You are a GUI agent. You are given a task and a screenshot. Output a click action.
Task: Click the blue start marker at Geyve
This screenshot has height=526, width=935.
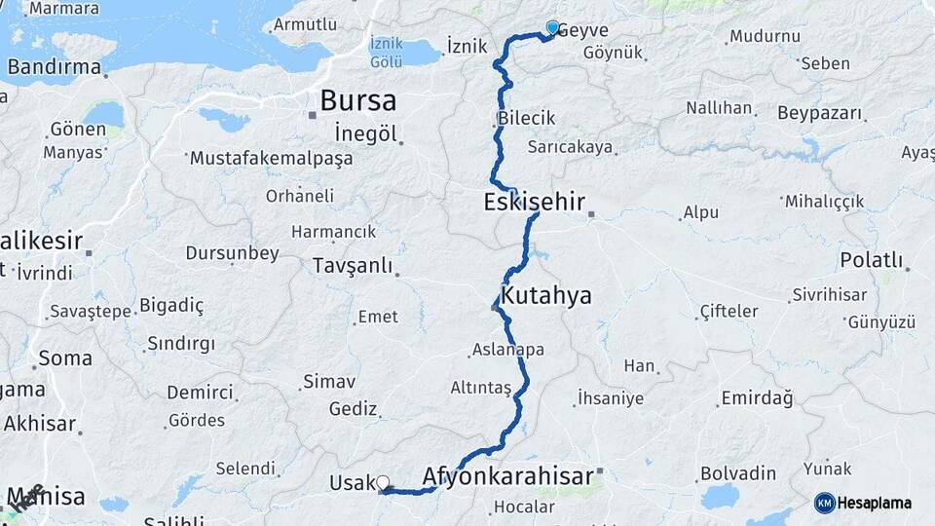click(552, 28)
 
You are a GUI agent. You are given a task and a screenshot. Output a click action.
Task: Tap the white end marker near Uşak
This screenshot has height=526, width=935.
click(383, 482)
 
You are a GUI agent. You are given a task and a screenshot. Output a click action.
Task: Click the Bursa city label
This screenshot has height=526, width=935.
click(357, 100)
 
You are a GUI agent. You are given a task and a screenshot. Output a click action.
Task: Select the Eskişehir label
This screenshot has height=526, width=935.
click(534, 202)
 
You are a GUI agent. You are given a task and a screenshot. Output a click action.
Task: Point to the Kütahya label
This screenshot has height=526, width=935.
click(545, 295)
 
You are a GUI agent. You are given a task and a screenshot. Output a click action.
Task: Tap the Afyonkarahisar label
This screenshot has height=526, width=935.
click(507, 476)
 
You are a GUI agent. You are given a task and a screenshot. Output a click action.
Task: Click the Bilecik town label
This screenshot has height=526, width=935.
click(526, 118)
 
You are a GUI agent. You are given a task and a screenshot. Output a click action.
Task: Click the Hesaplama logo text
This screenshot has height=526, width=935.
click(877, 503)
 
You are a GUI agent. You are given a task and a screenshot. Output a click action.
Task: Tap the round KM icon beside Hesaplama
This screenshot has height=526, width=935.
click(824, 503)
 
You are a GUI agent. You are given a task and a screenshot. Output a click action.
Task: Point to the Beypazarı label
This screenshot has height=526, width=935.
click(820, 113)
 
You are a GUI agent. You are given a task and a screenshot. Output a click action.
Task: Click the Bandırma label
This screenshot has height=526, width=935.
click(55, 67)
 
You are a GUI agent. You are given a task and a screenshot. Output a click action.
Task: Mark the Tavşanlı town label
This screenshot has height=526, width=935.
click(352, 265)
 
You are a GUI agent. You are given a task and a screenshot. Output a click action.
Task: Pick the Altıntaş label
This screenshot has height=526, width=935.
click(480, 387)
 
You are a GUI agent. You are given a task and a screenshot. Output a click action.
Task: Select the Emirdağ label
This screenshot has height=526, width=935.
click(757, 398)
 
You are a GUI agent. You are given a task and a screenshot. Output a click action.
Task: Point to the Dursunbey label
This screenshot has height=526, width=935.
click(234, 253)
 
